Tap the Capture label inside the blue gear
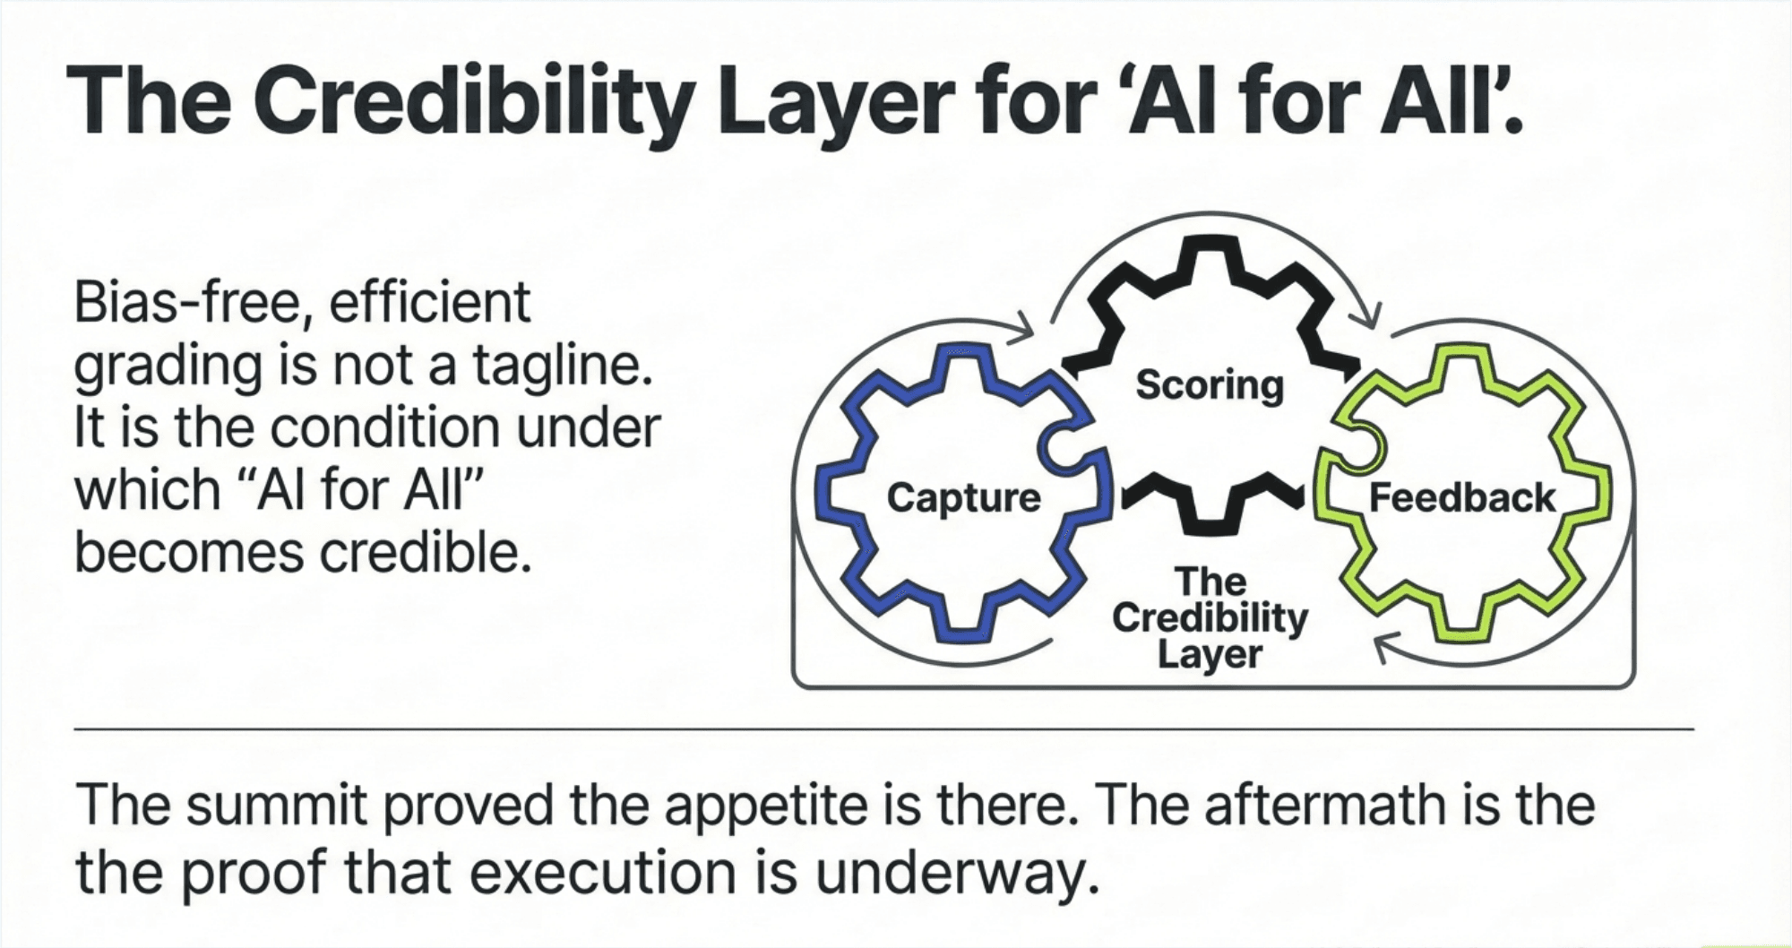click(x=963, y=498)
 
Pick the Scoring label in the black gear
click(x=1209, y=386)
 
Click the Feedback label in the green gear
click(x=1461, y=498)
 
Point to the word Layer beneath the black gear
click(x=1209, y=654)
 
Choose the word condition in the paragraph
click(x=383, y=428)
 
